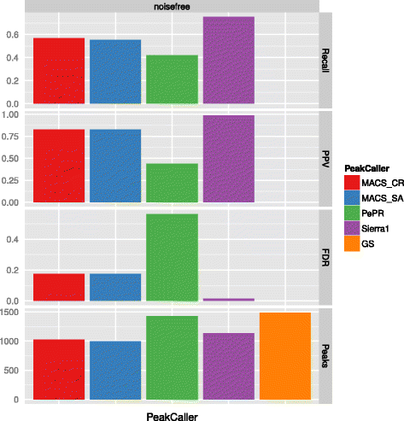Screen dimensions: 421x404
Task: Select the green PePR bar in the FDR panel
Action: coord(172,257)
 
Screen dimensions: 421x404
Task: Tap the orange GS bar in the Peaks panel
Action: coord(284,356)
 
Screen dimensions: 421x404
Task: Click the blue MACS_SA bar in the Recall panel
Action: coord(115,73)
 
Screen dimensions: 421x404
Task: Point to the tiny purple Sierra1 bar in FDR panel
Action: coord(228,300)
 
